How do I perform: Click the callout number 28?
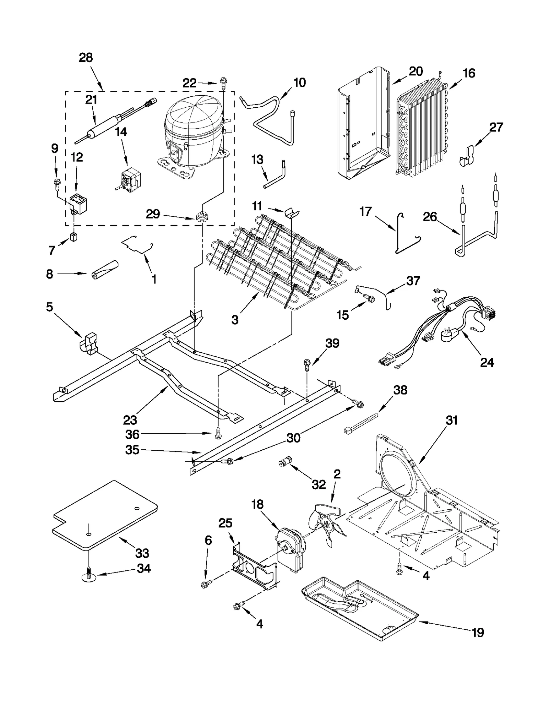[x=86, y=58]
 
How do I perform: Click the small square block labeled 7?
[x=73, y=237]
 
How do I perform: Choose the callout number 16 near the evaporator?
[x=469, y=73]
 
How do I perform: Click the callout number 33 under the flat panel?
[x=142, y=553]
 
